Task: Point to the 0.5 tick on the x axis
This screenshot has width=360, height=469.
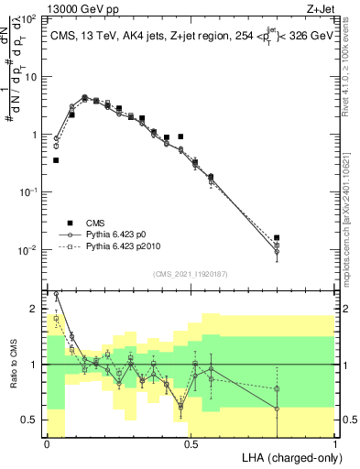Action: [190, 443]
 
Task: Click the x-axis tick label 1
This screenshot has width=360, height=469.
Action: [336, 443]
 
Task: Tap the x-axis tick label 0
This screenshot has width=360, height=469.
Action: [47, 443]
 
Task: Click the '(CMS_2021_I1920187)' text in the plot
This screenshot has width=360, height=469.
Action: [191, 274]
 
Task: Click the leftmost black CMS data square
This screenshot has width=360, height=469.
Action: [56, 160]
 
